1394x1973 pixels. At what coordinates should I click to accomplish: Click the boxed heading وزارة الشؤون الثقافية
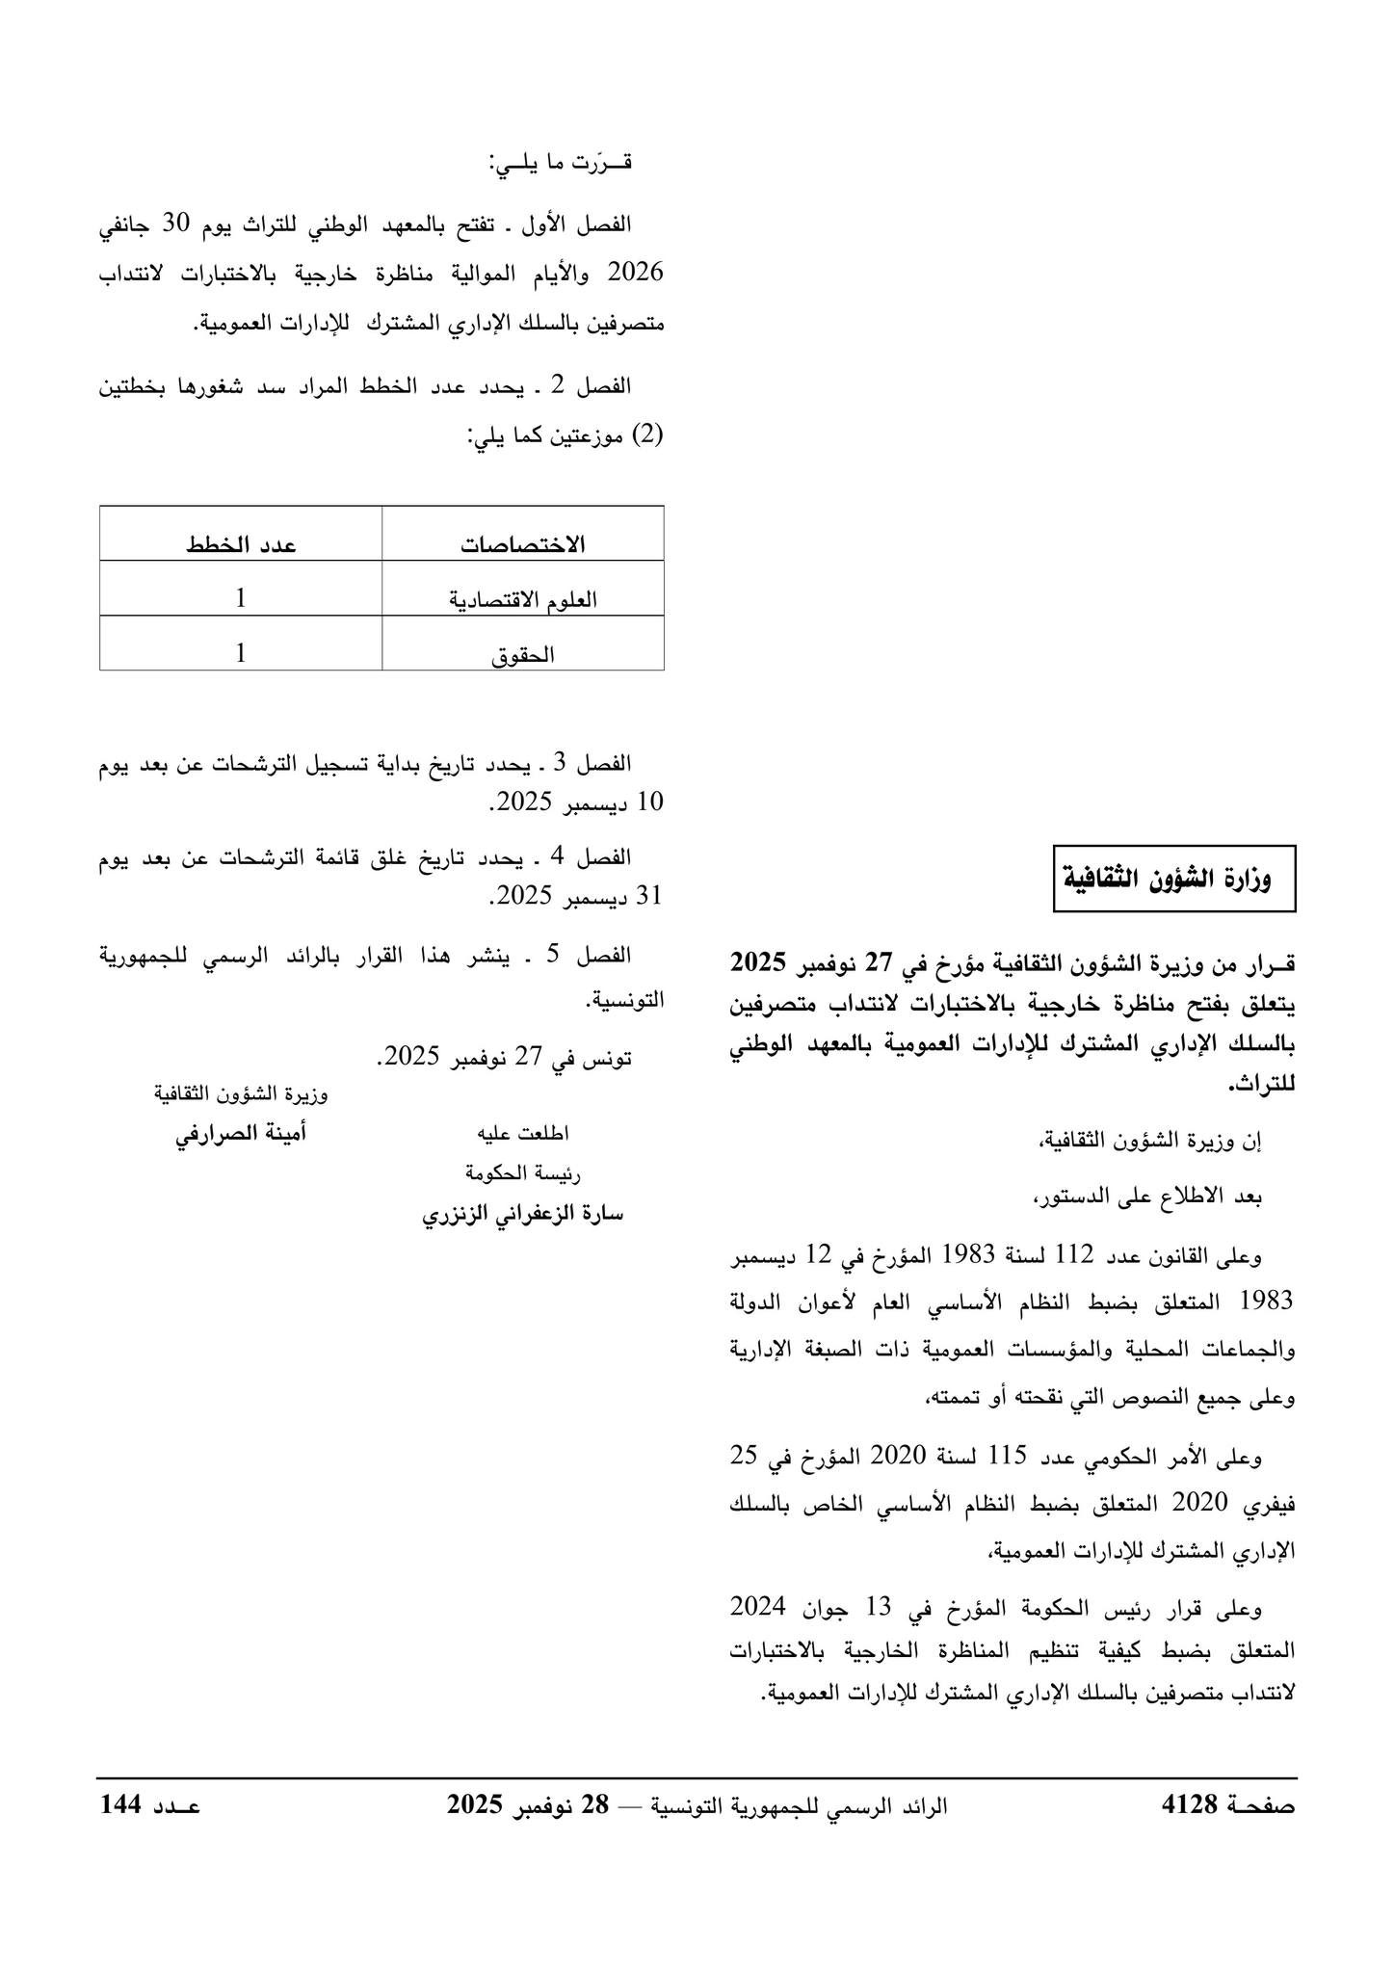pyautogui.click(x=1174, y=879)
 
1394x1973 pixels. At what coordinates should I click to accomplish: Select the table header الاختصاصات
pyautogui.click(x=523, y=544)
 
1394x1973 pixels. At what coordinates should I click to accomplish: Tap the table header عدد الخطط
pyautogui.click(x=241, y=544)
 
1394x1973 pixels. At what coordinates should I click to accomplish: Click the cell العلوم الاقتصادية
pyautogui.click(x=523, y=599)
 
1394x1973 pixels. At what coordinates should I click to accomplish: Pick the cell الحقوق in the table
pyautogui.click(x=523, y=655)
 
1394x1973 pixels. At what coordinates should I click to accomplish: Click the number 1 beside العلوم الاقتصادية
pyautogui.click(x=241, y=598)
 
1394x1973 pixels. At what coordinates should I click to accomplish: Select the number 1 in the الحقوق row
pyautogui.click(x=241, y=653)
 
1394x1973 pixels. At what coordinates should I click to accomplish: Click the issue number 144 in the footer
pyautogui.click(x=121, y=1804)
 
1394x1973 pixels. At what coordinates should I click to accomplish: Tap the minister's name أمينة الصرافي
pyautogui.click(x=241, y=1134)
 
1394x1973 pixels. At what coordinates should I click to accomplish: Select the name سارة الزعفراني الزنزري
pyautogui.click(x=523, y=1214)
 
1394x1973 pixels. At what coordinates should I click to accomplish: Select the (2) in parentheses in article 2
pyautogui.click(x=649, y=434)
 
